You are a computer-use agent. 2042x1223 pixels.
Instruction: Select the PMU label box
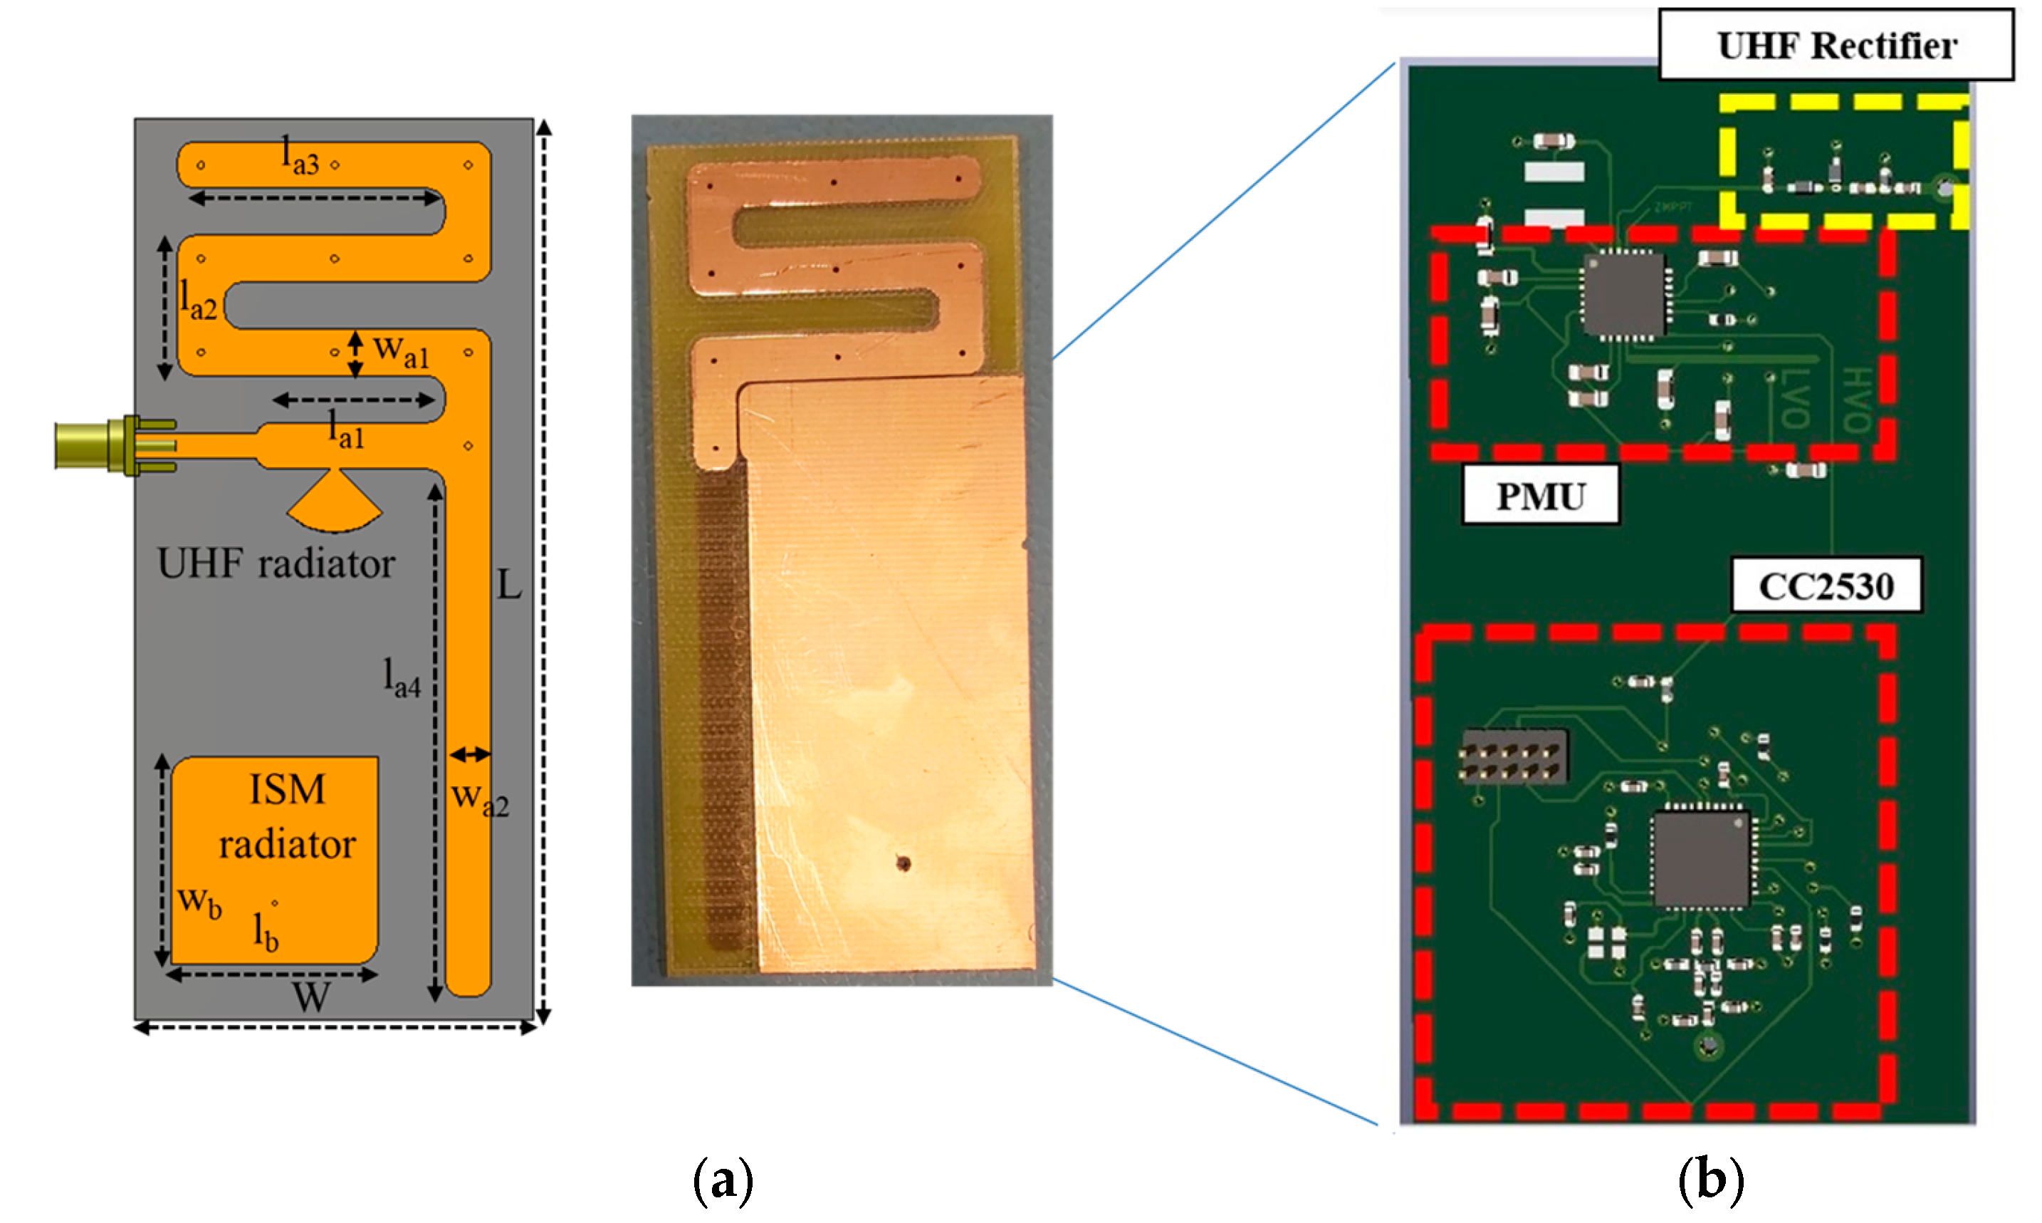[1539, 495]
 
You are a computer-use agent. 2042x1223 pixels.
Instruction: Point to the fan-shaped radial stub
[335, 501]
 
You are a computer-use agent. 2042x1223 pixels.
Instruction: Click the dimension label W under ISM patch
[311, 998]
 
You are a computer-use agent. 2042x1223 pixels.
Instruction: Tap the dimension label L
[509, 585]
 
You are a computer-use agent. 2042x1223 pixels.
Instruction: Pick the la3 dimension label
[300, 156]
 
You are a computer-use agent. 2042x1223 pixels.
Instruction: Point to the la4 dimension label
[402, 678]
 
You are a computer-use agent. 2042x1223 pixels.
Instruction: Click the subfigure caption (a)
[723, 1180]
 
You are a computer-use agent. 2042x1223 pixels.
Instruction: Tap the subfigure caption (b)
[1710, 1180]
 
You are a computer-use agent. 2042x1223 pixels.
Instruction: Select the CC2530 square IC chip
[1700, 858]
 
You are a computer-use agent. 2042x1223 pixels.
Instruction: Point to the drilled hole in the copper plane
[903, 864]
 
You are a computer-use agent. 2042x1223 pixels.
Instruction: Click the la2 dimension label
[199, 298]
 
